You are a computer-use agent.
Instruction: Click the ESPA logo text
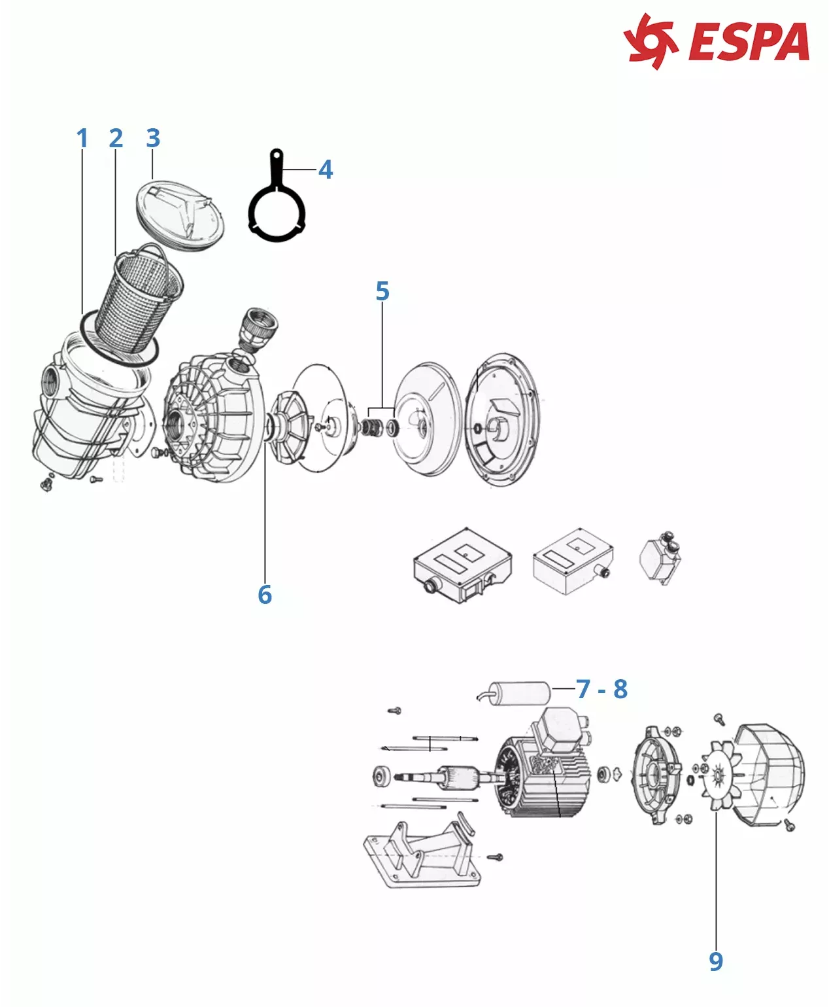[749, 42]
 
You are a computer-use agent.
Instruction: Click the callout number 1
[82, 138]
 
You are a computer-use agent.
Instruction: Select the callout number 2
[116, 138]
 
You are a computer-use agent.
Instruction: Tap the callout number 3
[153, 138]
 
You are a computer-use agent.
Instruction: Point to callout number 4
[326, 169]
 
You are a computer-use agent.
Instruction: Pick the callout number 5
[382, 291]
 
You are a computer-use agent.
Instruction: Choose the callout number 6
[265, 594]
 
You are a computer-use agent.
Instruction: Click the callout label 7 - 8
[601, 689]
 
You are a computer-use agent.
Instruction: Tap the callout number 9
[716, 961]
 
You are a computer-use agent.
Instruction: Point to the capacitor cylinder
[520, 692]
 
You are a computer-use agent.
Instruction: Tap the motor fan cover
[771, 775]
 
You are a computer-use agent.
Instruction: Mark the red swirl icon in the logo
[650, 41]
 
